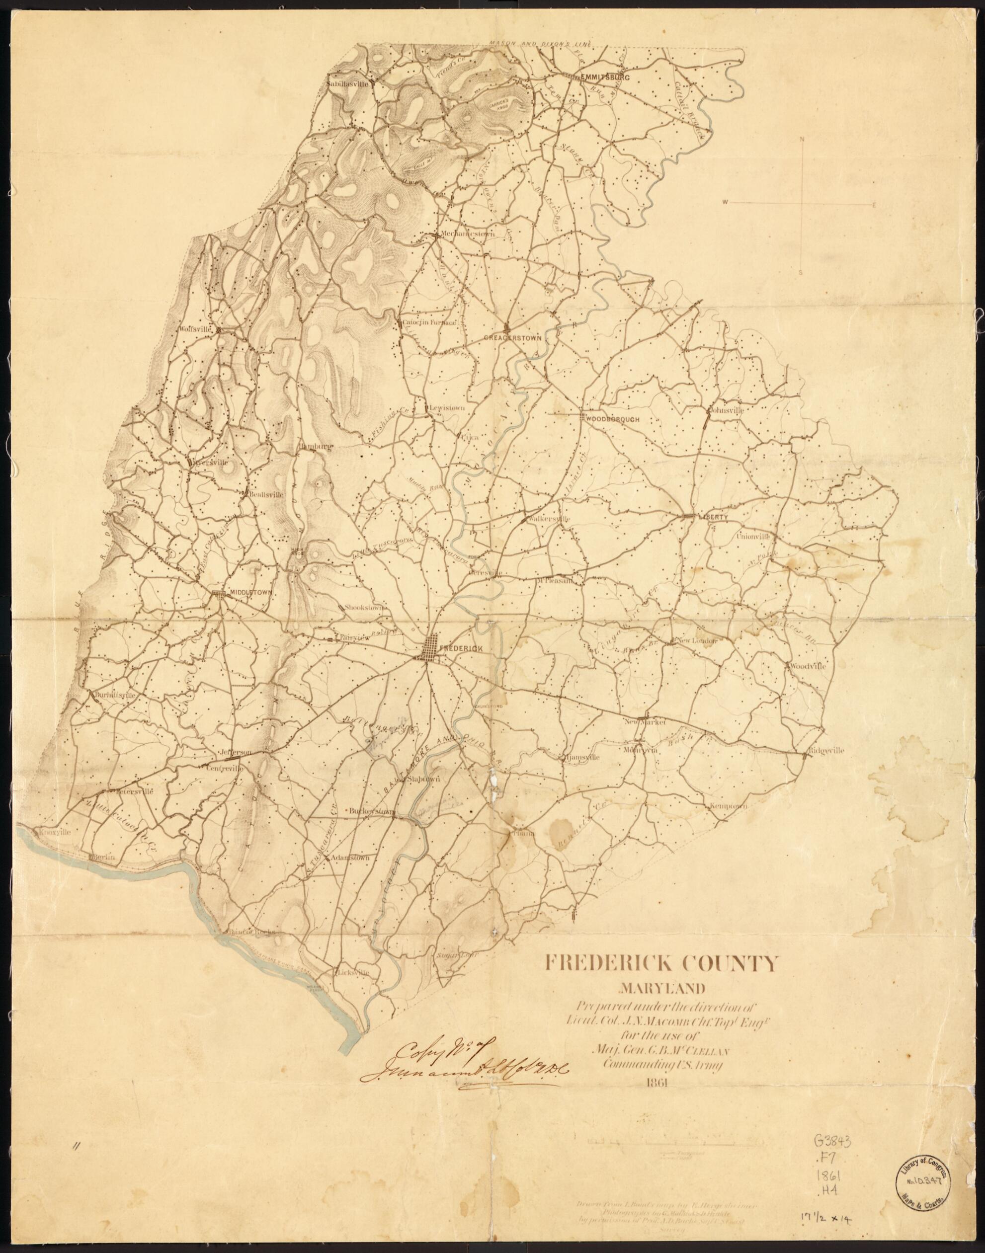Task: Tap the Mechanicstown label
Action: click(x=460, y=234)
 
